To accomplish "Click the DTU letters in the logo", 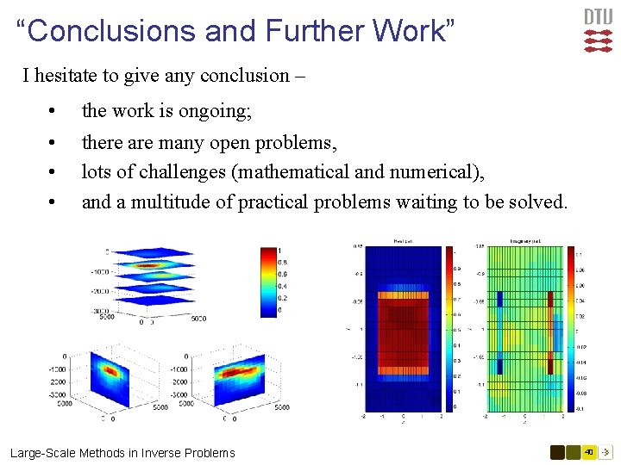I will click(599, 16).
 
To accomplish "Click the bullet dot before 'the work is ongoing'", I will click(53, 112).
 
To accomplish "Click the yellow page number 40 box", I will click(589, 451).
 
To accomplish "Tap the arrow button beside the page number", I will click(605, 451).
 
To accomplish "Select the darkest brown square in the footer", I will click(558, 451).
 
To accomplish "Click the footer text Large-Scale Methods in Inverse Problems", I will click(122, 452).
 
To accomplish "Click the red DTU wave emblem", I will click(599, 40).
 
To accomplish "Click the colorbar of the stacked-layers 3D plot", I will click(268, 282).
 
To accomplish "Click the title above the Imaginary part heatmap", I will click(524, 241).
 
